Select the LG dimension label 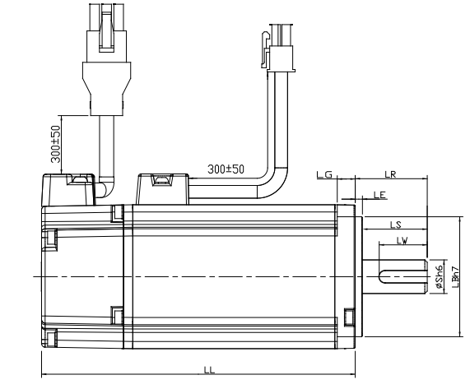pyautogui.click(x=323, y=175)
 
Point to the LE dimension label pyautogui.click(x=379, y=196)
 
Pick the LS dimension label pyautogui.click(x=394, y=224)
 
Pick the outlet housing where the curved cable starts pyautogui.click(x=165, y=188)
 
